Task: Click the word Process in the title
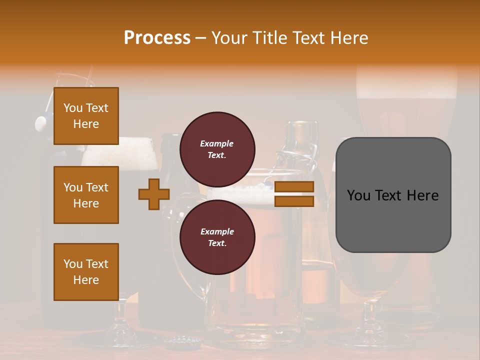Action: [x=157, y=38]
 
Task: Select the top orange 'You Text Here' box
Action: [x=86, y=116]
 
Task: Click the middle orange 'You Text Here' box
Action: [x=86, y=195]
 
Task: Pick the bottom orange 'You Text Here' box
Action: [x=86, y=271]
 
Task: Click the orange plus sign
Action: [x=154, y=194]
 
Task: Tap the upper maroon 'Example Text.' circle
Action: [x=217, y=149]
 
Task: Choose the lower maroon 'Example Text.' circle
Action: [x=217, y=237]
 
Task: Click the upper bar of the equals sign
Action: [x=294, y=187]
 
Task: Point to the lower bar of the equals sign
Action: [x=294, y=201]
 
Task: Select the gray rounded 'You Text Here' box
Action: [x=393, y=195]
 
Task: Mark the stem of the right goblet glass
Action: [x=369, y=315]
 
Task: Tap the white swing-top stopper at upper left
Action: [x=41, y=122]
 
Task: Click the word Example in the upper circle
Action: [x=217, y=143]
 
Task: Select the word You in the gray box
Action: [x=358, y=195]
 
